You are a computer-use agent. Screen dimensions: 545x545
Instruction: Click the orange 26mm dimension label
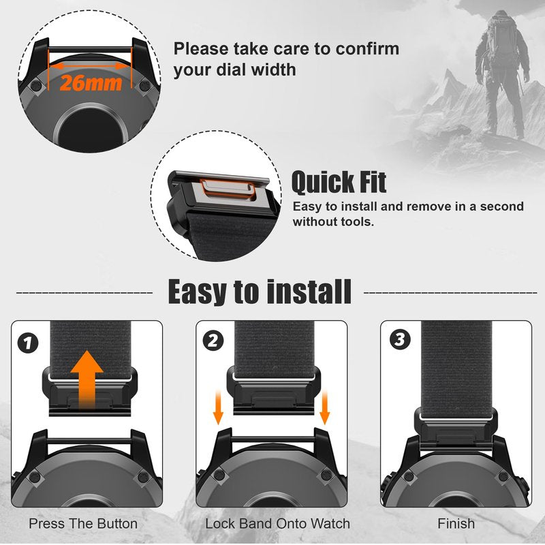coord(91,83)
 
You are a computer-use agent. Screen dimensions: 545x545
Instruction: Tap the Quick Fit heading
coord(339,182)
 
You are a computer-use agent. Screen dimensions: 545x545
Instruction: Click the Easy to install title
coord(260,292)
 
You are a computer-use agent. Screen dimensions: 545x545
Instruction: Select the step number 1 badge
coord(28,343)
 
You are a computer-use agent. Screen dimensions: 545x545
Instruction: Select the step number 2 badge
coord(213,341)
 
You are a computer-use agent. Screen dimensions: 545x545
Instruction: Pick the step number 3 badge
coord(400,339)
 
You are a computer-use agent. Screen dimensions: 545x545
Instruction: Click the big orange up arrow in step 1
coord(87,379)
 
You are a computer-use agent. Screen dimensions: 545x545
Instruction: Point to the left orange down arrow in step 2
coord(218,407)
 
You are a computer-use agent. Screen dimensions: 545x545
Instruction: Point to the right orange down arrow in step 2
coord(324,407)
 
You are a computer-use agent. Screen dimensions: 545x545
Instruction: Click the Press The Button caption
coord(83,523)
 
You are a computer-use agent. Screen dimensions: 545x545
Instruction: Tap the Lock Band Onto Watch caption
coord(277,523)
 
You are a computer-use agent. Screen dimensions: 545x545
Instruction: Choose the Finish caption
coord(456,523)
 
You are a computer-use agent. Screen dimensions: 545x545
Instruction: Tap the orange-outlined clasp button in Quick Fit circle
coord(228,189)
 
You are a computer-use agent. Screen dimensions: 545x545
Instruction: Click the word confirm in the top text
coord(367,48)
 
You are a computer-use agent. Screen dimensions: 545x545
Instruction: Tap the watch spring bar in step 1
coord(89,441)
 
